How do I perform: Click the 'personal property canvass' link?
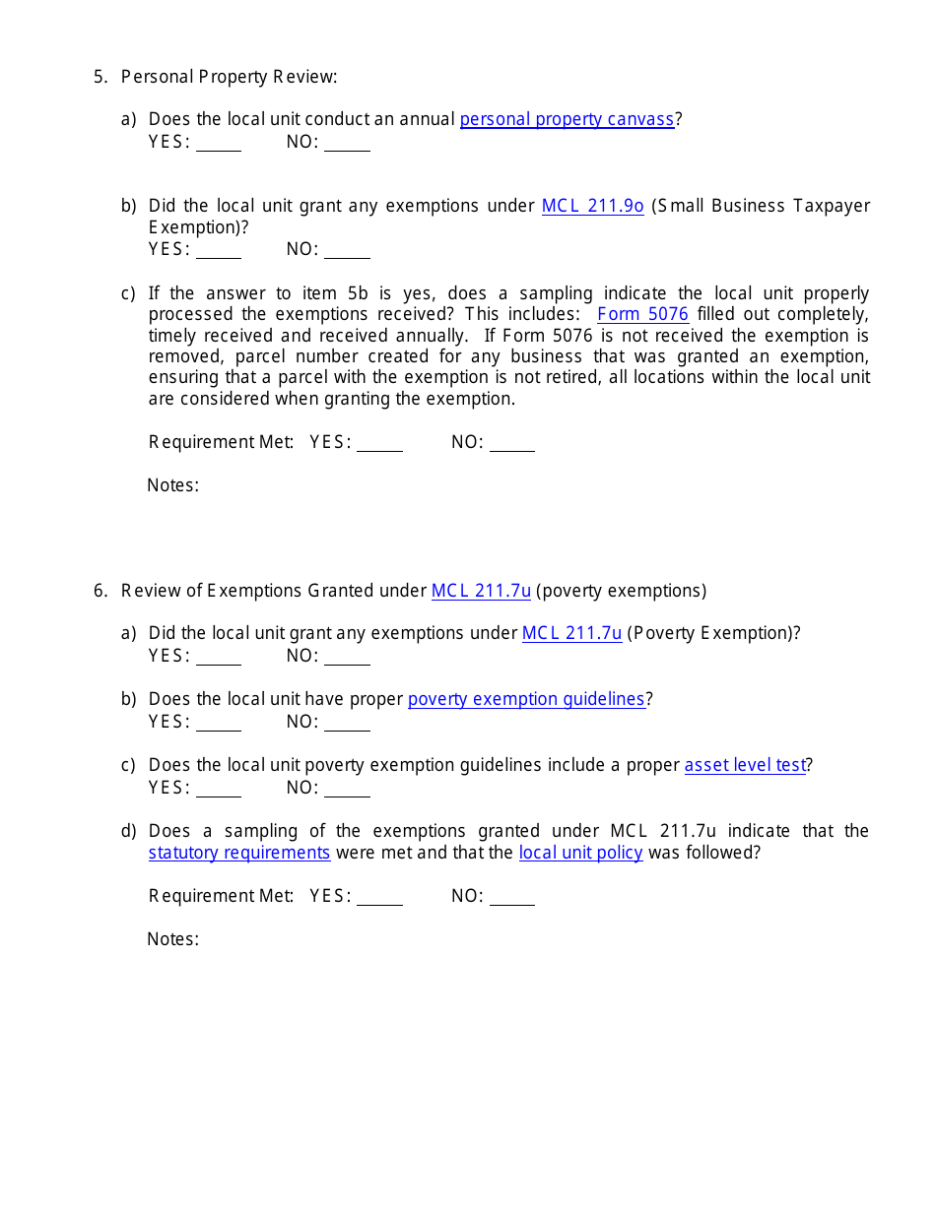coord(567,119)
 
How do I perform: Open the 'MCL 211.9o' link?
coord(592,206)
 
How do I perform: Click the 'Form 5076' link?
coord(642,314)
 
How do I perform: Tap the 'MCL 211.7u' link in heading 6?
coord(481,591)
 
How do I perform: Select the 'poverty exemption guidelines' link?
coord(526,699)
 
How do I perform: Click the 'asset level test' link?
coord(745,765)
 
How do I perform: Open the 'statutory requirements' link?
coord(239,853)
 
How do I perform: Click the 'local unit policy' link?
coord(580,853)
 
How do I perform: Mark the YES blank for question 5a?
coord(219,144)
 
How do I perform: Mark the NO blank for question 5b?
coord(347,251)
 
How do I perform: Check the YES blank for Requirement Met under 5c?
coord(379,444)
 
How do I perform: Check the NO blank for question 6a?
coord(347,658)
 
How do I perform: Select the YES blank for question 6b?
coord(219,724)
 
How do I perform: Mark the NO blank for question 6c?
coord(347,790)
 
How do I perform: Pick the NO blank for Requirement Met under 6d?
coord(511,898)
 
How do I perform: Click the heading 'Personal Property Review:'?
coord(229,77)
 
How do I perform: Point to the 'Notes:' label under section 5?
coord(173,485)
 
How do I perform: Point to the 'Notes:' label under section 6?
coord(173,939)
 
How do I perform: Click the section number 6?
coord(100,591)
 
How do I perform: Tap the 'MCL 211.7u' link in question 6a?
coord(571,633)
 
